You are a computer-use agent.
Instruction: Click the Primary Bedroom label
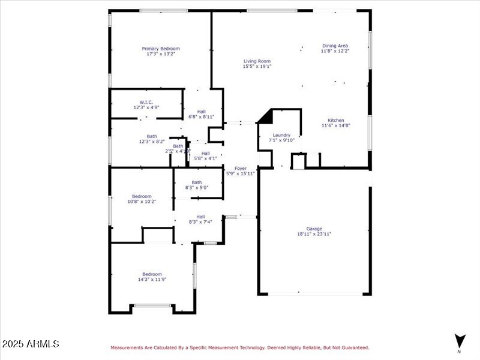160,49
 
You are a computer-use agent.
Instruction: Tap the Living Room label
257,61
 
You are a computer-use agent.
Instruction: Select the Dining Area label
335,46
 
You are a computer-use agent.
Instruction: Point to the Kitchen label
335,120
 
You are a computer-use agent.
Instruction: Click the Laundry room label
281,135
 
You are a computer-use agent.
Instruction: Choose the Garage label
314,229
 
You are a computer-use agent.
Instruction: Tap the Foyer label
240,169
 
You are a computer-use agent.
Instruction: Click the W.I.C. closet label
146,102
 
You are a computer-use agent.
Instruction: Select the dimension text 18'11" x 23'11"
314,234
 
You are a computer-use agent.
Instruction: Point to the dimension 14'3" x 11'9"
152,280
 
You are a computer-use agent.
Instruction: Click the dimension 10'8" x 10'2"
142,202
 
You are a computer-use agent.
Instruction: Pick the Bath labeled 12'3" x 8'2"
152,136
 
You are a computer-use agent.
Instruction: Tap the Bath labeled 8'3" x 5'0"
197,182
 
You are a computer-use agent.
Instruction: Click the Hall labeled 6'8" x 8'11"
202,112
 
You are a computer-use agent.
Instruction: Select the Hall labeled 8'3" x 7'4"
200,217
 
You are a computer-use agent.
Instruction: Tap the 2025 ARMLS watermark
30,344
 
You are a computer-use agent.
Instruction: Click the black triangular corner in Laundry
266,116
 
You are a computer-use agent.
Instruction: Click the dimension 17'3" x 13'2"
160,54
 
